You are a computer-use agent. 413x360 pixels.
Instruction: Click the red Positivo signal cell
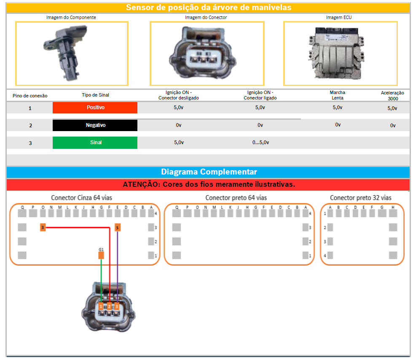click(x=95, y=107)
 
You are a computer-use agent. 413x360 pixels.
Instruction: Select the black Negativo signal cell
click(x=95, y=125)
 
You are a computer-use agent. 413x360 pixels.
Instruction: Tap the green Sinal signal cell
click(x=95, y=142)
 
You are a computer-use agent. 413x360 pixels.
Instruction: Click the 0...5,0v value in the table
click(x=260, y=142)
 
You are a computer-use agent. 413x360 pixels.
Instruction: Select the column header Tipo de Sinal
click(x=95, y=95)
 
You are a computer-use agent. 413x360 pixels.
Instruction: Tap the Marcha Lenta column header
click(x=337, y=95)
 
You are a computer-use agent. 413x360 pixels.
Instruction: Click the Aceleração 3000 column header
click(x=392, y=95)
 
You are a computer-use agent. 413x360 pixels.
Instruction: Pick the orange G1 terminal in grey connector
click(x=101, y=255)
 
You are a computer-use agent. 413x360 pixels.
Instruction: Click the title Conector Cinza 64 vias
click(x=81, y=198)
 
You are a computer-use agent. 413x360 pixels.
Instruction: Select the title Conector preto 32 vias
click(x=360, y=198)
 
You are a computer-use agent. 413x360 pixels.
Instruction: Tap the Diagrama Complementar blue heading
click(x=209, y=172)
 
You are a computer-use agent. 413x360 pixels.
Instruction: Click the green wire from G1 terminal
click(x=101, y=280)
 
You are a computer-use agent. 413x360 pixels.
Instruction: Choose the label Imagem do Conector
click(x=206, y=17)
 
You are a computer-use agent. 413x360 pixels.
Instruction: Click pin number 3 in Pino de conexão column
click(x=30, y=143)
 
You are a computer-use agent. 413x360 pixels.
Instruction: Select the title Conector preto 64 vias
click(x=236, y=198)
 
